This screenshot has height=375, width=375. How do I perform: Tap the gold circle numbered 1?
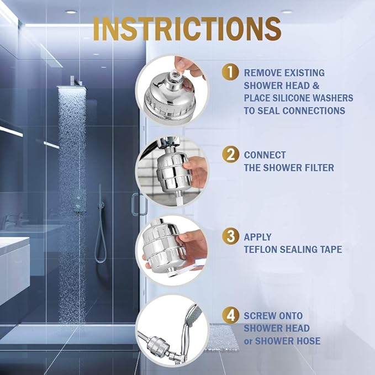pyautogui.click(x=230, y=72)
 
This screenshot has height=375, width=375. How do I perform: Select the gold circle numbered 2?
pyautogui.click(x=230, y=155)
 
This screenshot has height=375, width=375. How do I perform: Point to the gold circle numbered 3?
pyautogui.click(x=230, y=237)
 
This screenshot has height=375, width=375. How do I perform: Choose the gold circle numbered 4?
pyautogui.click(x=230, y=315)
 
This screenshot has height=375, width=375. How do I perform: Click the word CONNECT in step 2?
pyautogui.click(x=265, y=155)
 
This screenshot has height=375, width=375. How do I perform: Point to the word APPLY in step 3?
pyautogui.click(x=257, y=237)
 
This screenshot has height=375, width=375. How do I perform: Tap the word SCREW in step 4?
pyautogui.click(x=260, y=316)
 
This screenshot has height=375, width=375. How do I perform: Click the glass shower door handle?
pyautogui.click(x=134, y=204)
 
